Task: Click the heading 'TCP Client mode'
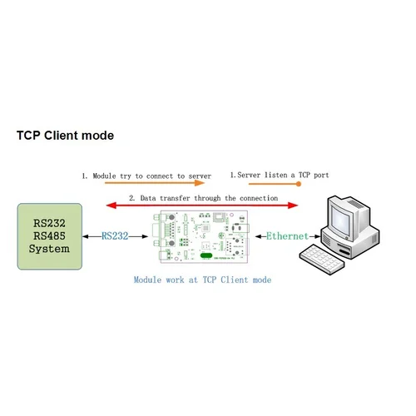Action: (x=65, y=135)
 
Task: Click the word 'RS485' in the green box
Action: (x=50, y=235)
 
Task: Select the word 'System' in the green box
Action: (x=50, y=249)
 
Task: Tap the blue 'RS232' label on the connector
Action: (x=115, y=236)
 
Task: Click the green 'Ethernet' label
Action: (x=287, y=236)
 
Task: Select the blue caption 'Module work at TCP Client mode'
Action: (x=202, y=280)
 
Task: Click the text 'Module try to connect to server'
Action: (x=146, y=176)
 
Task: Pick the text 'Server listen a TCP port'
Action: (x=282, y=176)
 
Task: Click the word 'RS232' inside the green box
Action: (x=50, y=223)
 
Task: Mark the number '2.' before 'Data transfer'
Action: (x=131, y=198)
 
